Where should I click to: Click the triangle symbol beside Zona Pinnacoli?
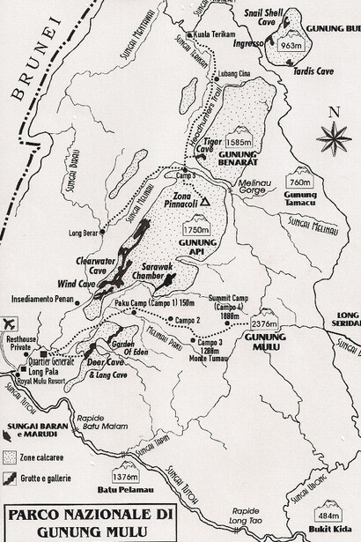point(204,202)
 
